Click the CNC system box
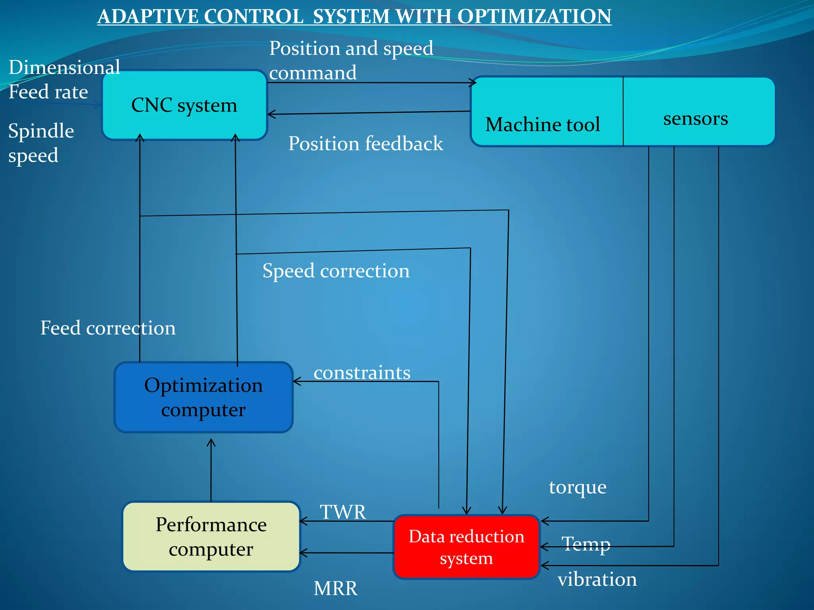tap(184, 105)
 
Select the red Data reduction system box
tap(466, 547)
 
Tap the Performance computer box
tap(211, 537)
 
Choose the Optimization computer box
tap(203, 397)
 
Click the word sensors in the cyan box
tap(696, 118)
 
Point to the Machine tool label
tap(543, 124)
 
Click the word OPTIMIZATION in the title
tap(534, 17)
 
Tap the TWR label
tap(343, 512)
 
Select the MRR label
tap(335, 588)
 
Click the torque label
tap(578, 487)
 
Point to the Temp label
tap(586, 544)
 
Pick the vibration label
tap(597, 579)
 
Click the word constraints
tap(362, 373)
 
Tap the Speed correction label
tap(336, 271)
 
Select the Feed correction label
tap(108, 328)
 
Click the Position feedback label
tap(366, 143)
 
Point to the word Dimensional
tap(64, 67)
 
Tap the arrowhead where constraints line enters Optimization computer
tap(296, 382)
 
